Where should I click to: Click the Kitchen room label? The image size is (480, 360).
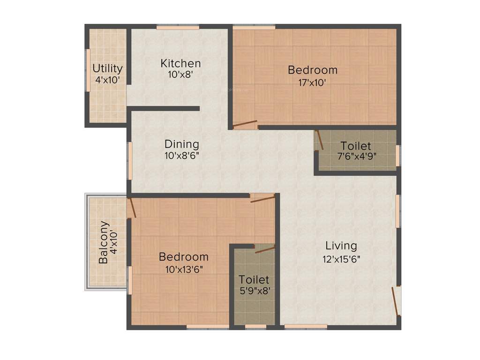[180, 63]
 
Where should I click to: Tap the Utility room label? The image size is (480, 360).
[107, 68]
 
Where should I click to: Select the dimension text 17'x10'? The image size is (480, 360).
[312, 82]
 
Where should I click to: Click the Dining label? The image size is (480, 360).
[181, 144]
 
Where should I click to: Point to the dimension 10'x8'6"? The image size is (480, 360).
[181, 156]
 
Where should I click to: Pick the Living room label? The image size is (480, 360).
[341, 246]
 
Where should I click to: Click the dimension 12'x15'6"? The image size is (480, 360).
[341, 258]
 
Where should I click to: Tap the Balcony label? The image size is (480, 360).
[105, 242]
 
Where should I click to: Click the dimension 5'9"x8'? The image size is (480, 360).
[254, 291]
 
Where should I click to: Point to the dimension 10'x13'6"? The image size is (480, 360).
[183, 269]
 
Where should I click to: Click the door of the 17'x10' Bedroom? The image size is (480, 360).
[245, 125]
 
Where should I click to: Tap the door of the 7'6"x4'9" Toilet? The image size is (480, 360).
[319, 140]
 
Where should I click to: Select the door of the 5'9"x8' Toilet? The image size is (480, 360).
[264, 249]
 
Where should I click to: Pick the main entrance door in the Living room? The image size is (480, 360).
[396, 301]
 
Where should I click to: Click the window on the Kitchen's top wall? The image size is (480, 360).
[179, 28]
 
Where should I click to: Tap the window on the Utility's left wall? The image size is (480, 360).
[87, 70]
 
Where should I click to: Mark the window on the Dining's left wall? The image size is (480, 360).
[129, 160]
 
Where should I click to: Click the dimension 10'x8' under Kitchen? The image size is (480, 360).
[180, 75]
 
